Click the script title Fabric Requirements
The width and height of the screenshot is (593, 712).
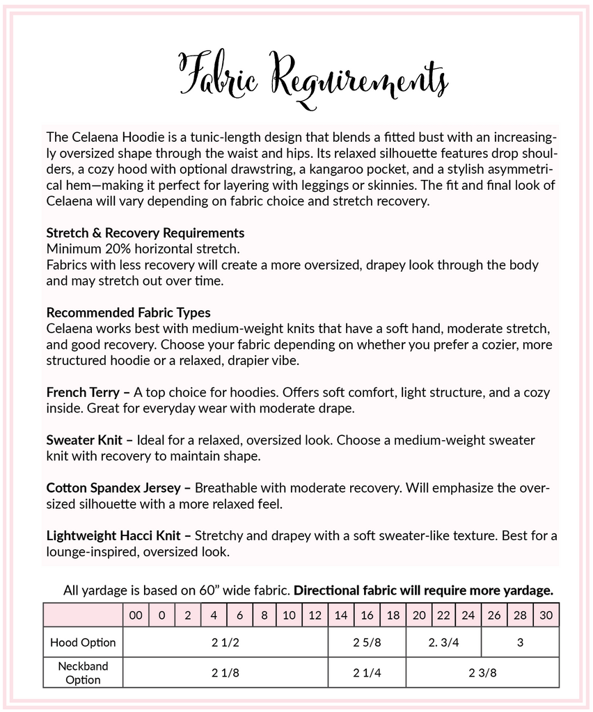[x=313, y=76]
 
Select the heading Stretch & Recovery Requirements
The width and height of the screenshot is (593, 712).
[x=145, y=233]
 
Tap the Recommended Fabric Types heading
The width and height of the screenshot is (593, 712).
[x=128, y=313]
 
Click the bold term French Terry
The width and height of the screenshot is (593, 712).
[x=83, y=393]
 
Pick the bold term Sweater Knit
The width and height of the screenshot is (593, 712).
[x=84, y=441]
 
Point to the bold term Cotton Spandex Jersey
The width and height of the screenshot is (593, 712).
[x=115, y=489]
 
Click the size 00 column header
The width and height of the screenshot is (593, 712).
[x=135, y=615]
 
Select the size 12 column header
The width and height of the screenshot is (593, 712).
[x=315, y=615]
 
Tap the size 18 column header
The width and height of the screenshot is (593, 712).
[x=393, y=615]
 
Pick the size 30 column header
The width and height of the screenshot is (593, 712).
[x=546, y=615]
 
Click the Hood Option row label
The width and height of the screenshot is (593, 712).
[x=83, y=642]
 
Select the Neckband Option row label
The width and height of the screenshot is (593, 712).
[x=83, y=673]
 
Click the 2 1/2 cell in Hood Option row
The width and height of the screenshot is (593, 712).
[x=225, y=642]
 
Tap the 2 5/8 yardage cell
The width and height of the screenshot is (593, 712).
[x=367, y=642]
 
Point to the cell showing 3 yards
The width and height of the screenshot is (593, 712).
[x=520, y=642]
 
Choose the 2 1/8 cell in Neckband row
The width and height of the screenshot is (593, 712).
[x=225, y=673]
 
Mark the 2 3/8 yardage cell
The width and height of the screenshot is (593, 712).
[x=482, y=673]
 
